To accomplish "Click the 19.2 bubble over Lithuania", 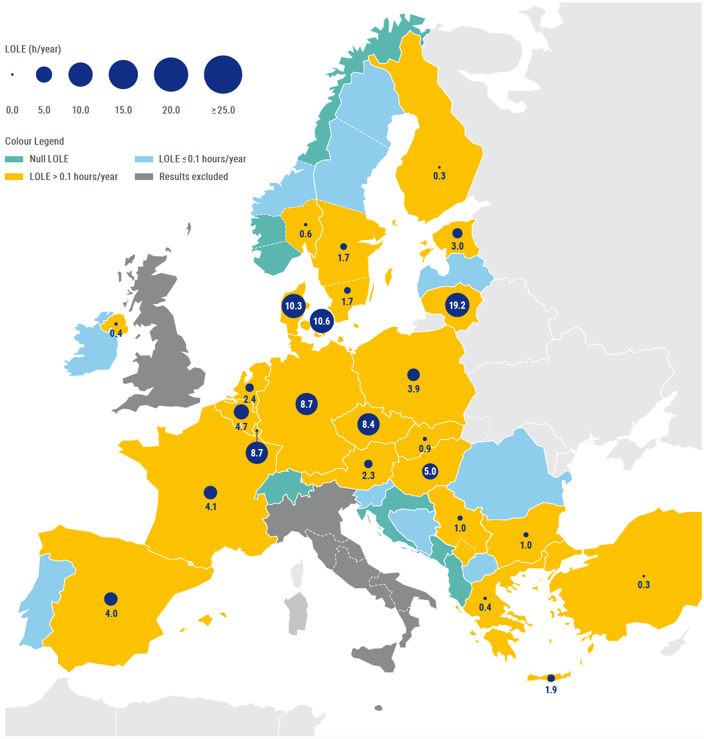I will pyautogui.click(x=457, y=305).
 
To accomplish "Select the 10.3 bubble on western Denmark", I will pyautogui.click(x=293, y=306).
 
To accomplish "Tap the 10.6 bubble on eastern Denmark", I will pyautogui.click(x=321, y=321).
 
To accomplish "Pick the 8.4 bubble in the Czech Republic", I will pyautogui.click(x=368, y=424).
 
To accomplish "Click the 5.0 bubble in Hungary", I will pyautogui.click(x=430, y=471).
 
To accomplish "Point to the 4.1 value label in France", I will pyautogui.click(x=210, y=506).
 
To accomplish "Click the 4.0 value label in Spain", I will pyautogui.click(x=111, y=613).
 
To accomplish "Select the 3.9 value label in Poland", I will pyautogui.click(x=414, y=389).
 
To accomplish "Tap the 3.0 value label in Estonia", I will pyautogui.click(x=457, y=247).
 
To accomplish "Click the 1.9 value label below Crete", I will pyautogui.click(x=551, y=690).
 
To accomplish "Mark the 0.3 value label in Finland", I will pyautogui.click(x=439, y=176).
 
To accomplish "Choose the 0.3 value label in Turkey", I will pyautogui.click(x=644, y=585).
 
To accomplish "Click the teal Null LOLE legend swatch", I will pyautogui.click(x=14, y=159).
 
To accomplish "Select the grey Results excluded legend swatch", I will pyautogui.click(x=143, y=176).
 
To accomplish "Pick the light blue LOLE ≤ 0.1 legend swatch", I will pyautogui.click(x=143, y=159).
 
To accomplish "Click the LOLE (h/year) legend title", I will pyautogui.click(x=33, y=49).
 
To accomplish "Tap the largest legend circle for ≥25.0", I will pyautogui.click(x=223, y=74).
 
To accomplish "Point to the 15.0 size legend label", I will pyautogui.click(x=123, y=110).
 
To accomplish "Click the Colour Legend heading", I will pyautogui.click(x=34, y=141).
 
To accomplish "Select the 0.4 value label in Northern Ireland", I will pyautogui.click(x=116, y=333).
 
